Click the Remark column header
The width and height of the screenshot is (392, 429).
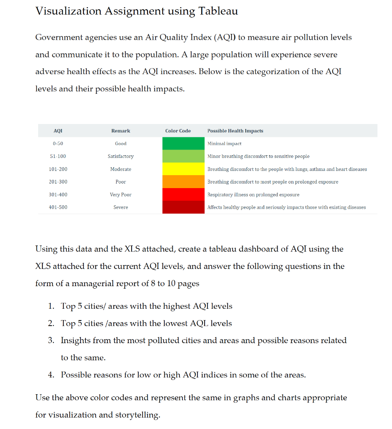[121, 131]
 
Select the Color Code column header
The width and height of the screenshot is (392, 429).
[178, 131]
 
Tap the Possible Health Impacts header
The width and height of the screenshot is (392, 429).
[235, 131]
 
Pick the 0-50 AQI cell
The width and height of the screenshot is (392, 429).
[58, 144]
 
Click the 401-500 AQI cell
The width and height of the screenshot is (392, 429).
[58, 207]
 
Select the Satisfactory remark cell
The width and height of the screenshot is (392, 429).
[121, 156]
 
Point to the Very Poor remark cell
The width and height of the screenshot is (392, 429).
[121, 195]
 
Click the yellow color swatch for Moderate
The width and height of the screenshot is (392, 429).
[183, 169]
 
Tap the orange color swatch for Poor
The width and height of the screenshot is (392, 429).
[183, 182]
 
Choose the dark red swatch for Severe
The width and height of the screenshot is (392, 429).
[183, 207]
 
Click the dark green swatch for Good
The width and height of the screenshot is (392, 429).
[183, 144]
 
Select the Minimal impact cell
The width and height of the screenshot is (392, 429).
[224, 144]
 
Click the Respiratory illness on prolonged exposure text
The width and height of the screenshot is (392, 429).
[253, 195]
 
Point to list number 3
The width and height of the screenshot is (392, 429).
[51, 341]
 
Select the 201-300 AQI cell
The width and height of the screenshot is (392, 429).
[58, 182]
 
